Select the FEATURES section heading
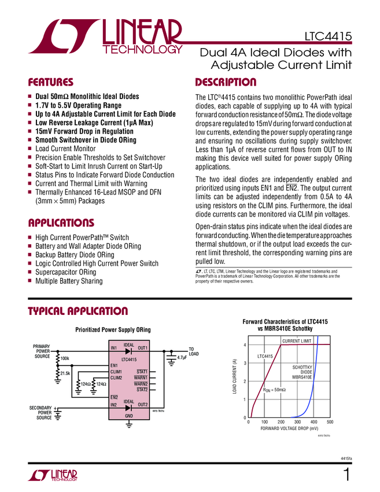coord(51,82)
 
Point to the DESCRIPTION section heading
coord(226,82)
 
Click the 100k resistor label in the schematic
coord(65,359)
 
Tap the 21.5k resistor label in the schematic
coord(65,374)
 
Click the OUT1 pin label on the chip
coord(143,348)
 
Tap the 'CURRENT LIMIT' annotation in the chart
coord(296,341)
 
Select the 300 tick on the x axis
coord(297,422)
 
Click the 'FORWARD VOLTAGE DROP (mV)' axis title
coord(289,429)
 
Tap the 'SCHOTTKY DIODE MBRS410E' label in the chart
coord(302,372)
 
